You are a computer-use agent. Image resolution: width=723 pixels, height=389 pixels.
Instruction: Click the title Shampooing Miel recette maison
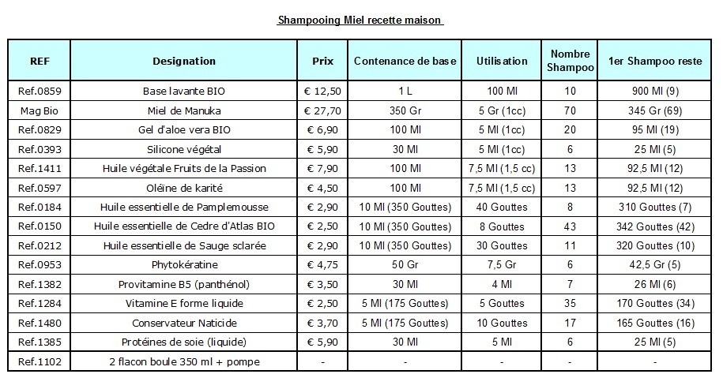[360, 20]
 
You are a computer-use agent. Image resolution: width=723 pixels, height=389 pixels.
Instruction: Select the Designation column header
[184, 61]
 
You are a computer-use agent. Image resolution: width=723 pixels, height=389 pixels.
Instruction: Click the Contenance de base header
[405, 61]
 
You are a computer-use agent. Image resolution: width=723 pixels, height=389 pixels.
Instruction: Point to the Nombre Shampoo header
[570, 61]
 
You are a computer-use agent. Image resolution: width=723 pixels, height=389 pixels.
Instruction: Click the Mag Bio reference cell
[40, 110]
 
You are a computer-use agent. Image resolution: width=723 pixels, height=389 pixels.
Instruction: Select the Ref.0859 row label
[40, 91]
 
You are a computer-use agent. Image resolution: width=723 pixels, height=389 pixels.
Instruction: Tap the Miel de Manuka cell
[184, 110]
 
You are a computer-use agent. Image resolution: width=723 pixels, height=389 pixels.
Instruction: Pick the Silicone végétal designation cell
[184, 149]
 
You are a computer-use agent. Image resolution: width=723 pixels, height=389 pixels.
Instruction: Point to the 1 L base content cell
[405, 91]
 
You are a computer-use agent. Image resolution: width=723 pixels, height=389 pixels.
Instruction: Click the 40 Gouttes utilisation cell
[502, 208]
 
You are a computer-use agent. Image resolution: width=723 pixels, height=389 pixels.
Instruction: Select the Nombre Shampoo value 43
[570, 226]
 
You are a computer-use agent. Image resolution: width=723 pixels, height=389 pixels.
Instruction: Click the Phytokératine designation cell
[184, 265]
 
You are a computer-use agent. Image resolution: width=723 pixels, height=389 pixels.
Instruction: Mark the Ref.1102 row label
[40, 362]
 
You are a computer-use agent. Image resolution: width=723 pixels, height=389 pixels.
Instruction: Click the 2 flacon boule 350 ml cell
[184, 362]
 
